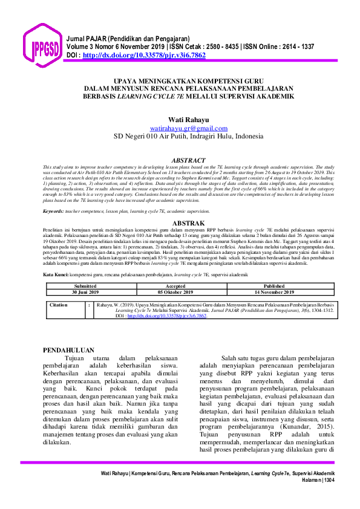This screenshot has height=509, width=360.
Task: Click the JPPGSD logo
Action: coord(42,45)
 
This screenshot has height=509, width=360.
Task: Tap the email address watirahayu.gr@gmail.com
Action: coord(189,128)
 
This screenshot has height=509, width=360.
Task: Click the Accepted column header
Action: coord(175,286)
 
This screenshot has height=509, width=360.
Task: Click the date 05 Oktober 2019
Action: coord(175,291)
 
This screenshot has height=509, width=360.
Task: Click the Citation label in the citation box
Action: coord(59,305)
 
